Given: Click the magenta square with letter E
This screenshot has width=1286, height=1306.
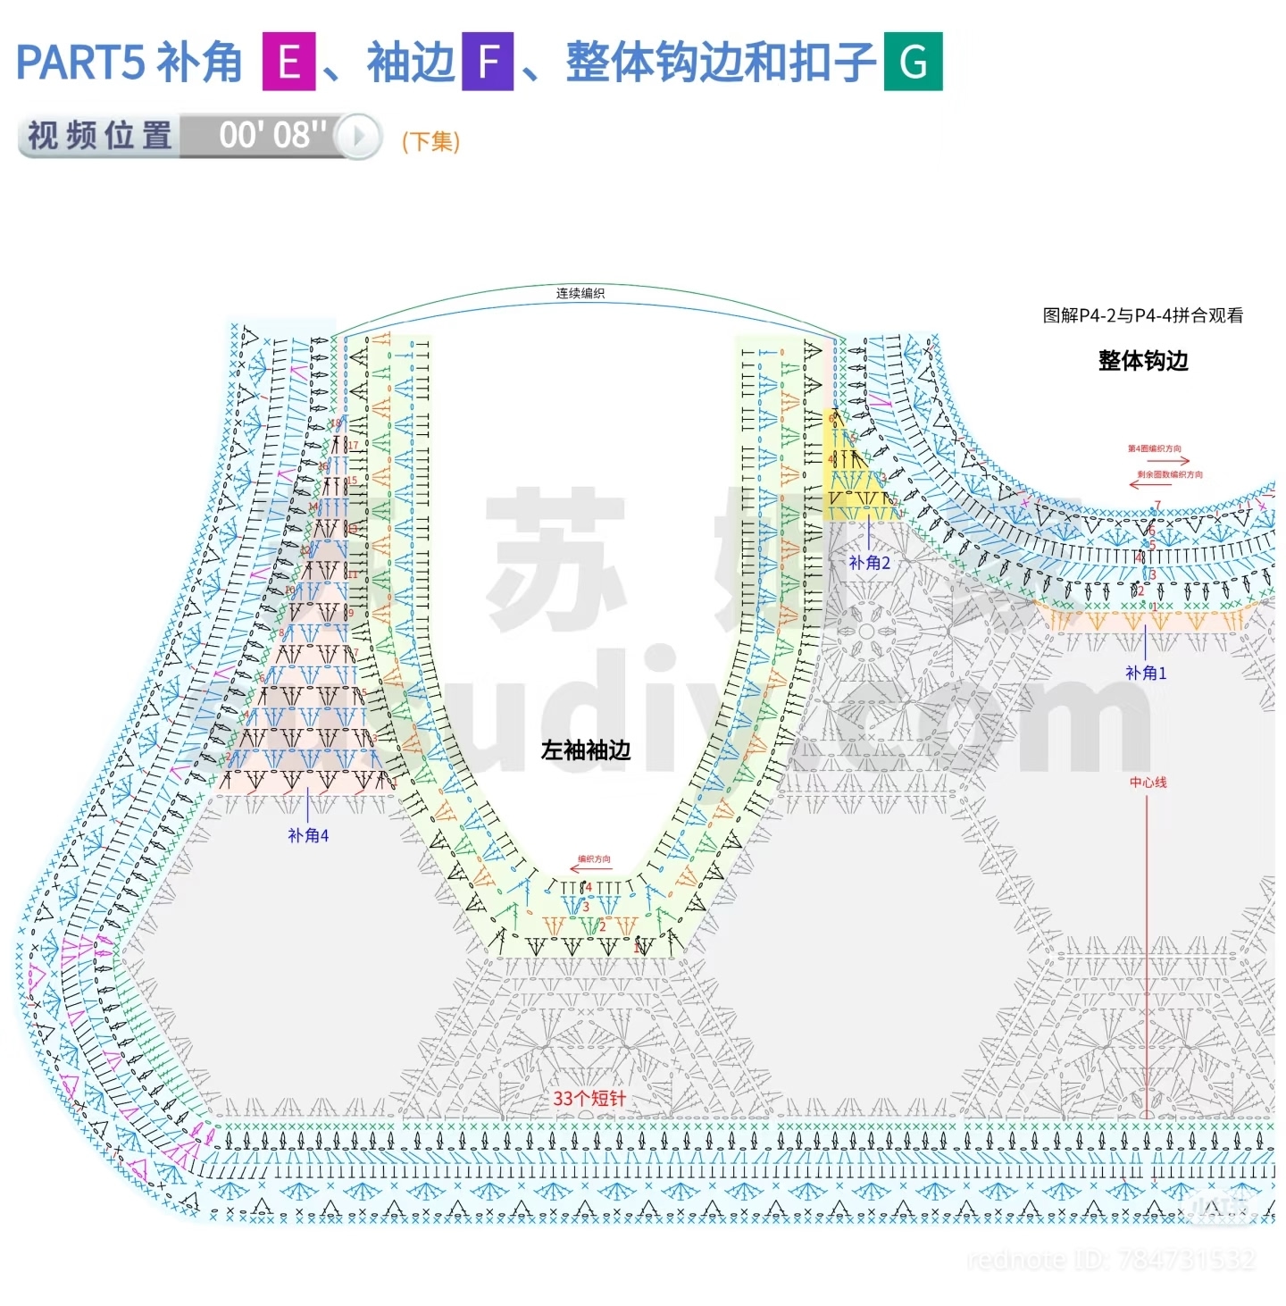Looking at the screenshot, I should pyautogui.click(x=288, y=62).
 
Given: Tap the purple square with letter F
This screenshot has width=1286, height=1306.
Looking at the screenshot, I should pyautogui.click(x=488, y=62).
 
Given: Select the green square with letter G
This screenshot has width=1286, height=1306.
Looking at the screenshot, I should pyautogui.click(x=913, y=62).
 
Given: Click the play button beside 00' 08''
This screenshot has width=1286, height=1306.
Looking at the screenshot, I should pyautogui.click(x=359, y=136).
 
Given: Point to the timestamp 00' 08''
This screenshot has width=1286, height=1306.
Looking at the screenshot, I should pyautogui.click(x=272, y=136).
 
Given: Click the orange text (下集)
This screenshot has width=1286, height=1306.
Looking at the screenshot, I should pyautogui.click(x=430, y=141).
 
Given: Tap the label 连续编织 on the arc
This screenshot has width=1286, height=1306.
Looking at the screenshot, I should pyautogui.click(x=580, y=293).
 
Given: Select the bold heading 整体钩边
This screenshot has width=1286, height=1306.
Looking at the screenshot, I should pyautogui.click(x=1143, y=361).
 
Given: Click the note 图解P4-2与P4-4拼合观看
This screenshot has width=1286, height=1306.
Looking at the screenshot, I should pyautogui.click(x=1142, y=315).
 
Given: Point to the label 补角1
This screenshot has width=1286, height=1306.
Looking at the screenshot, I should pyautogui.click(x=1146, y=673).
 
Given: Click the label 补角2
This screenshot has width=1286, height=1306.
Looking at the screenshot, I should pyautogui.click(x=869, y=563).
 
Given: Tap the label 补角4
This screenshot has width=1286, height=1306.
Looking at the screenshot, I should pyautogui.click(x=308, y=835).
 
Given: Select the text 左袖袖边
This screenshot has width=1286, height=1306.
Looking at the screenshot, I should pyautogui.click(x=586, y=750).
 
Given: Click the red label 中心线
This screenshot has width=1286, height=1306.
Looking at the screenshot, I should pyautogui.click(x=1148, y=783).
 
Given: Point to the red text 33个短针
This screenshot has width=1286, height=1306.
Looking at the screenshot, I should pyautogui.click(x=589, y=1098).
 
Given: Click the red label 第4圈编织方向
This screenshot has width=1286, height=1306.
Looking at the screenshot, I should pyautogui.click(x=1154, y=448).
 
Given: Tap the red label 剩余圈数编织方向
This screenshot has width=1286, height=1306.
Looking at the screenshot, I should pyautogui.click(x=1169, y=474).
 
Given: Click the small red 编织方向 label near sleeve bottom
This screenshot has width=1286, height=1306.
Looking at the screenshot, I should pyautogui.click(x=594, y=859).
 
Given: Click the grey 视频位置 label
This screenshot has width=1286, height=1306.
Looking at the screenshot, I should pyautogui.click(x=100, y=136).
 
